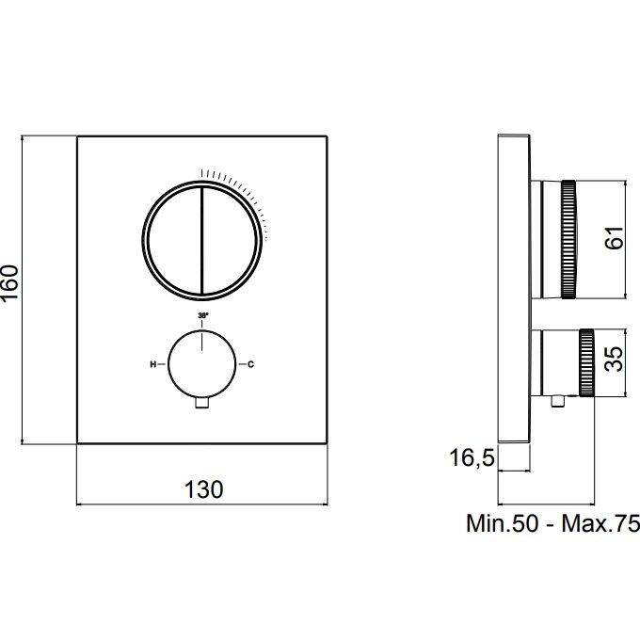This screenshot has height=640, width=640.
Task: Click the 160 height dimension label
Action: pyautogui.click(x=10, y=282)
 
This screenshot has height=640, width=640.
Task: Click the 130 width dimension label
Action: pyautogui.click(x=203, y=489)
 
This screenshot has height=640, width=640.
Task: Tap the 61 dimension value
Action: pyautogui.click(x=615, y=237)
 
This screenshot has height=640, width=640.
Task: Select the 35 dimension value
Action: pyautogui.click(x=615, y=359)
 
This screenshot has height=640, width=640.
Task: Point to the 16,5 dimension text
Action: pyautogui.click(x=472, y=457)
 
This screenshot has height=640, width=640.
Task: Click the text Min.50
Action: pyautogui.click(x=502, y=523)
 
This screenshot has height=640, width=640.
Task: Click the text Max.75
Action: pyautogui.click(x=600, y=523)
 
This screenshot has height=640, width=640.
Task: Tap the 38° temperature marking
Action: pyautogui.click(x=203, y=315)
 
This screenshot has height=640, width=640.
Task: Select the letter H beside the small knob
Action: pyautogui.click(x=153, y=364)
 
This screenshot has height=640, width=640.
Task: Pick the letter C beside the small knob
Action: pyautogui.click(x=250, y=364)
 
